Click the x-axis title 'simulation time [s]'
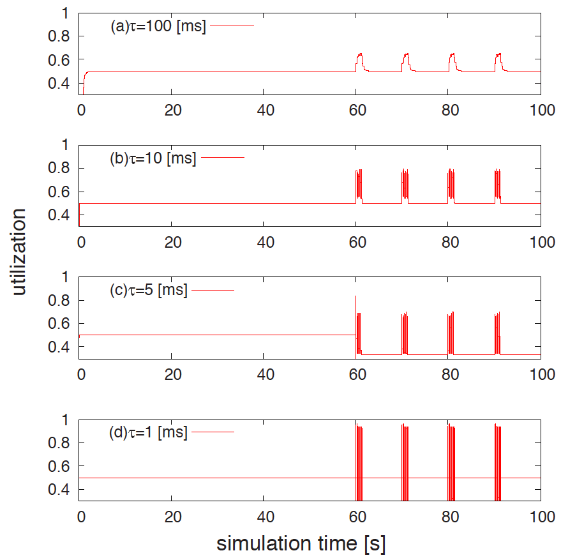[x=301, y=544]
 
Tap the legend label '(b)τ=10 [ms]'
[x=153, y=158]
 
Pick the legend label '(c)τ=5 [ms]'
[x=149, y=291]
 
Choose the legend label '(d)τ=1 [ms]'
[x=149, y=432]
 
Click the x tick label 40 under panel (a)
[x=265, y=109]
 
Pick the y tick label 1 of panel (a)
[x=64, y=13]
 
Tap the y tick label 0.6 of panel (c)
[x=58, y=324]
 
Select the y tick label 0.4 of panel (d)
[x=58, y=490]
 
